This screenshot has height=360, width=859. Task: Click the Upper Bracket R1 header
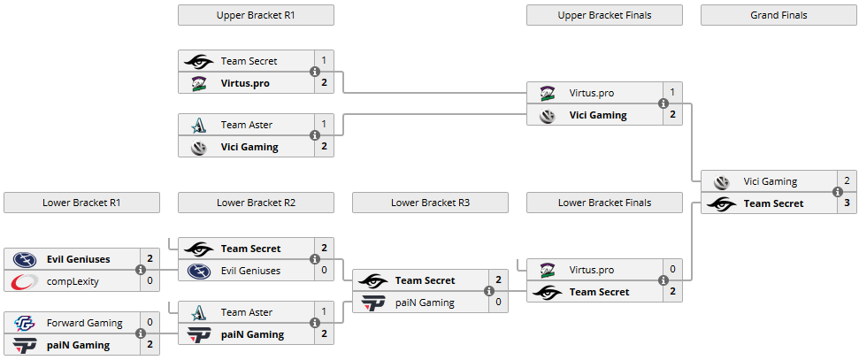click(256, 15)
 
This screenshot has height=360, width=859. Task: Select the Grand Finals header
click(778, 15)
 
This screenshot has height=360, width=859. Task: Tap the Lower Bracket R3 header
click(430, 203)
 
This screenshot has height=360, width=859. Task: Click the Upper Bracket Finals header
click(604, 15)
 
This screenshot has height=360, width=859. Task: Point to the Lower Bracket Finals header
click(604, 203)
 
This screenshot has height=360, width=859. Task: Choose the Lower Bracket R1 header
click(81, 203)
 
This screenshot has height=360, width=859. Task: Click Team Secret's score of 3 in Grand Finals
click(847, 203)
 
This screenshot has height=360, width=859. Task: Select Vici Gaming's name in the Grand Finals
click(770, 181)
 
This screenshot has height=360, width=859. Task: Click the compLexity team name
click(72, 281)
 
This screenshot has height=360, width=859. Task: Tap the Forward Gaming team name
click(84, 323)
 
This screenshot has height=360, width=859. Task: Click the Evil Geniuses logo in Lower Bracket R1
click(23, 259)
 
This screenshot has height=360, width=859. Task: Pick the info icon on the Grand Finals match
click(837, 192)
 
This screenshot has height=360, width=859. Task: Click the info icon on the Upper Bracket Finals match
click(663, 103)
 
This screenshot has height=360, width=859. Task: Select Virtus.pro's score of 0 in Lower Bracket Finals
click(672, 270)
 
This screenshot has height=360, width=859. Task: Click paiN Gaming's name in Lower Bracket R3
click(425, 303)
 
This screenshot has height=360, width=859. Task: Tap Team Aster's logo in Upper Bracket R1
click(197, 126)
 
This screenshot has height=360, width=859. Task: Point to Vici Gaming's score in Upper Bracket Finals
click(672, 115)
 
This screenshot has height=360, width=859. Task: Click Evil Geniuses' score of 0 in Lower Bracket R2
click(324, 271)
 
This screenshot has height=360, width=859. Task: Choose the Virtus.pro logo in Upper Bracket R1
click(197, 83)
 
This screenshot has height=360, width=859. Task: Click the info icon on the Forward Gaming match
click(140, 333)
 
